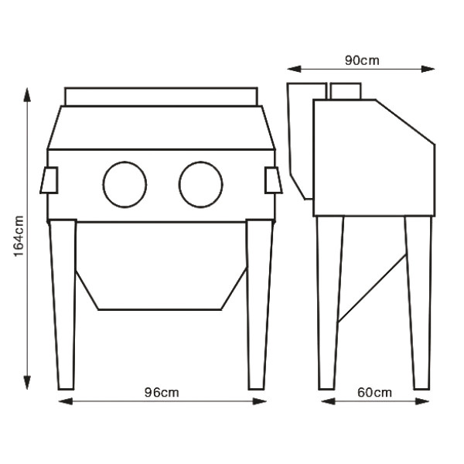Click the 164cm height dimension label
pos(19,236)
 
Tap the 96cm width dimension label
pos(162,392)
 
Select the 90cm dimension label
pos(362,60)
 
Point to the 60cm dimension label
pos(374,392)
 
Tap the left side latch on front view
pos(49,180)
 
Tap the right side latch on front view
pos(273,180)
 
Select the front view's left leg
pos(63,305)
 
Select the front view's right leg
pos(260,305)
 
